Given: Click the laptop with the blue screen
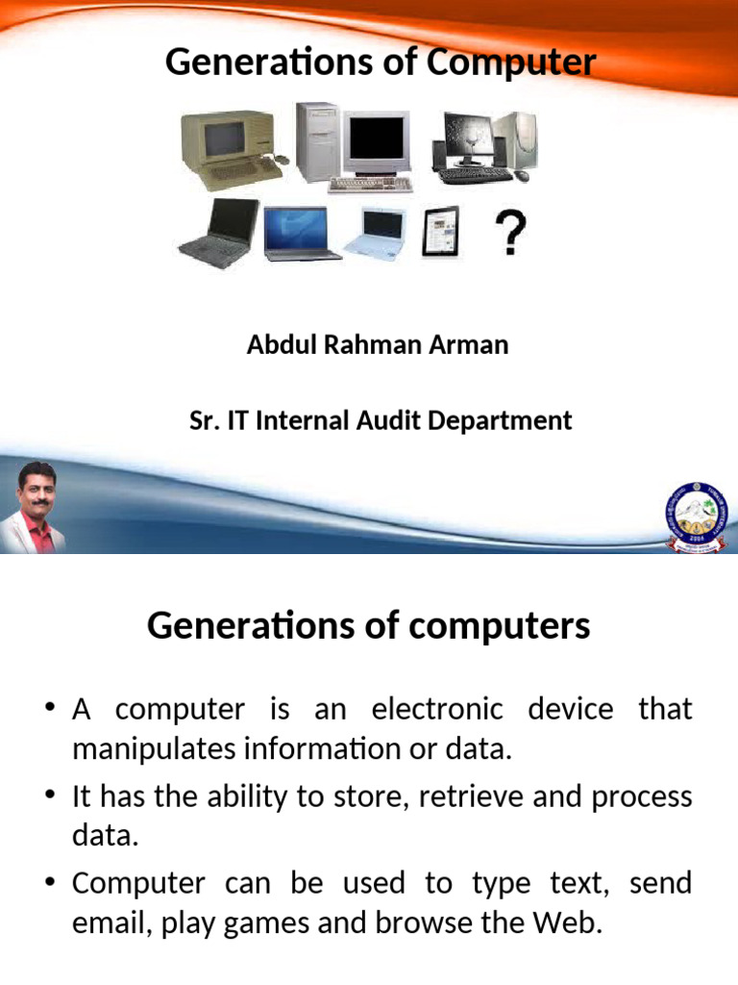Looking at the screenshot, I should pyautogui.click(x=300, y=233).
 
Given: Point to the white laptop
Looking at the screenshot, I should pyautogui.click(x=380, y=234).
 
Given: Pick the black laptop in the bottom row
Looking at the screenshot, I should pyautogui.click(x=218, y=233).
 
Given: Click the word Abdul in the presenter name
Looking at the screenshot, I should pyautogui.click(x=279, y=344).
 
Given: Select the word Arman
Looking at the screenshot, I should pyautogui.click(x=470, y=344).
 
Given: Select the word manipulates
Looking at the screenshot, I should pyautogui.click(x=160, y=750).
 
